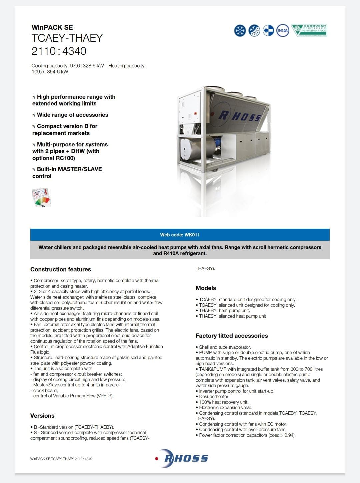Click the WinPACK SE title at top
coord(52,27)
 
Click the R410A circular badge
coord(283,30)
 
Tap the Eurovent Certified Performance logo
coord(309,30)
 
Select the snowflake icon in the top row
coord(240,30)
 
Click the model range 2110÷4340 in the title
coord(59,51)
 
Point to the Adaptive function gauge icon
coord(41,197)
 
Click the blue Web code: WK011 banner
coord(180,235)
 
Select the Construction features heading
coord(61,269)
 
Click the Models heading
coord(206,288)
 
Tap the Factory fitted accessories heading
coord(232,336)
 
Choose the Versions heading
coord(42,416)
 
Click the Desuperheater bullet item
coord(214,397)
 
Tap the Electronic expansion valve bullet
coord(225,408)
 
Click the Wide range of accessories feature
coord(70,115)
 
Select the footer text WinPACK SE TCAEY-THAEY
coord(61,459)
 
